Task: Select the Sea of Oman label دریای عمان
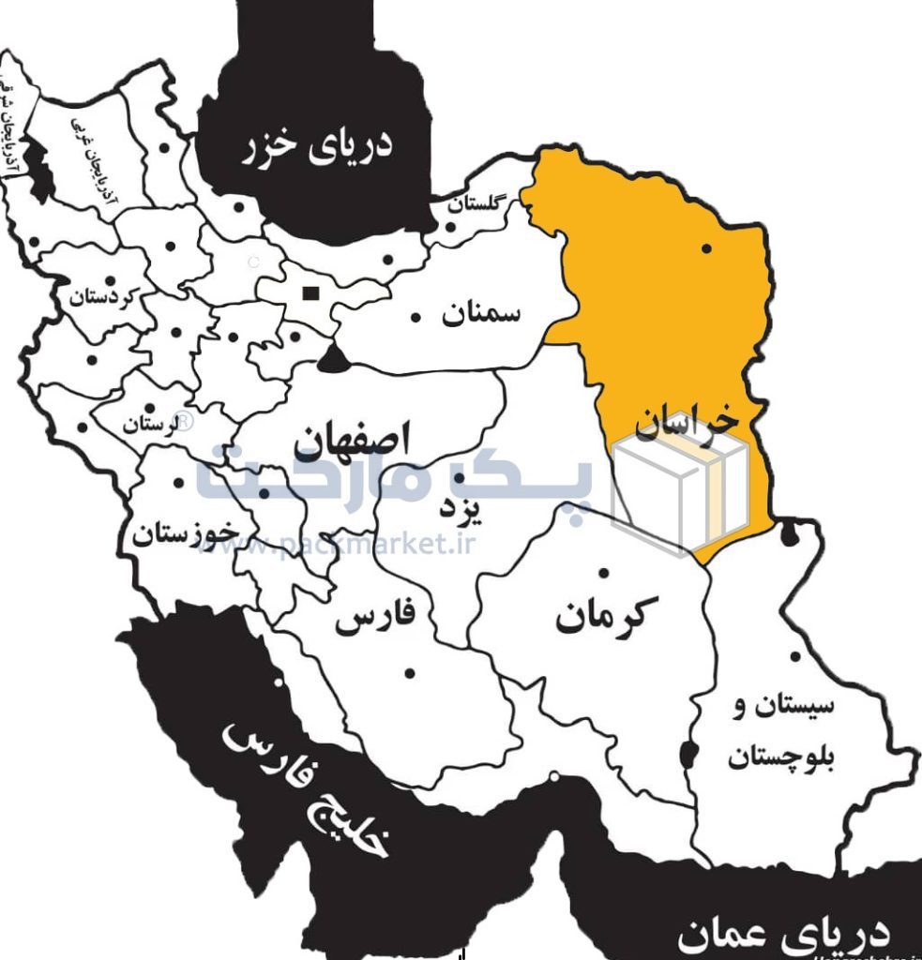pos(783,933)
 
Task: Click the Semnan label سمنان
pos(481,313)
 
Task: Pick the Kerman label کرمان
pos(600,616)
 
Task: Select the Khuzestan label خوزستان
pos(185,535)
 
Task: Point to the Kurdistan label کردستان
pos(103,299)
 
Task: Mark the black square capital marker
pos(309,293)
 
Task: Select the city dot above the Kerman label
pos(604,573)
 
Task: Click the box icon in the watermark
pos(679,491)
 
